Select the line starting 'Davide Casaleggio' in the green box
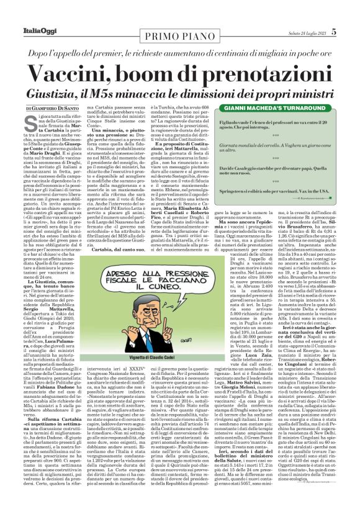pyautogui.click(x=289, y=169)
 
